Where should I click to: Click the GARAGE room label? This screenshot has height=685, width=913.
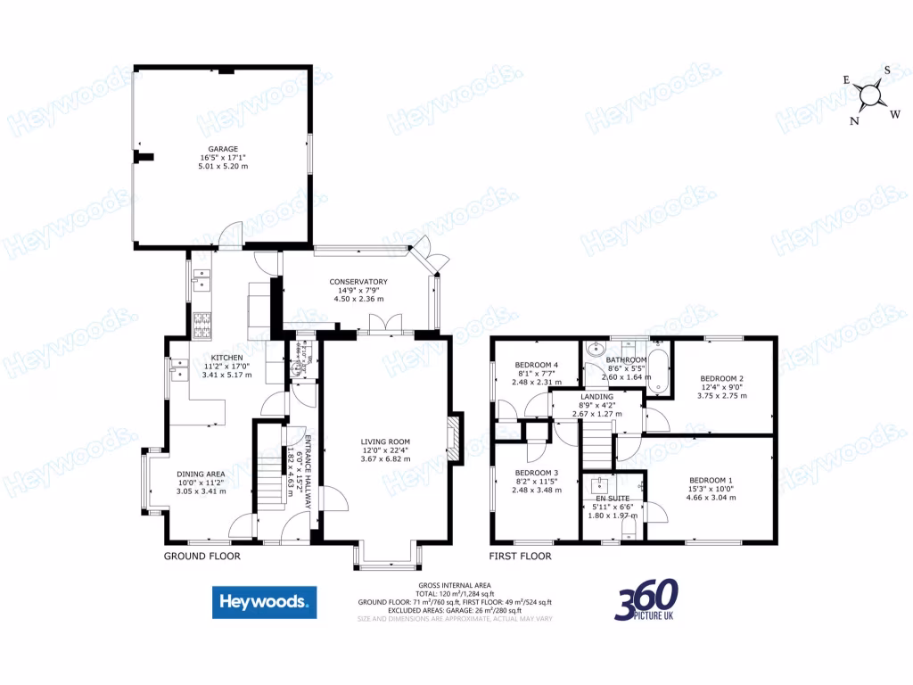[223, 149]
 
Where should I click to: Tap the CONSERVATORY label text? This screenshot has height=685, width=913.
[358, 282]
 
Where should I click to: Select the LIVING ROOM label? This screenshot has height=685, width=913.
[385, 442]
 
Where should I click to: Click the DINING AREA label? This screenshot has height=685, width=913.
[201, 474]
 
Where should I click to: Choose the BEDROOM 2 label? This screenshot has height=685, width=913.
[721, 378]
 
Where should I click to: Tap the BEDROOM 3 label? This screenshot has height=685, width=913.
[537, 473]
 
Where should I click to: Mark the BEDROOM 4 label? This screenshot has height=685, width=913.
[537, 365]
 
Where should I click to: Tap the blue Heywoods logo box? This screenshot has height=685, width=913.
[264, 602]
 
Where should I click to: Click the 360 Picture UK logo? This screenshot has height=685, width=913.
[646, 600]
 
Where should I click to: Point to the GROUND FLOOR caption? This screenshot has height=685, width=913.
[202, 556]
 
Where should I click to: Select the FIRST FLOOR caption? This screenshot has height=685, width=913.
[520, 556]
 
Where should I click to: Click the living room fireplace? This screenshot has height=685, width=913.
[456, 438]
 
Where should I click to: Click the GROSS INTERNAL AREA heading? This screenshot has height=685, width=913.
[455, 585]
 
